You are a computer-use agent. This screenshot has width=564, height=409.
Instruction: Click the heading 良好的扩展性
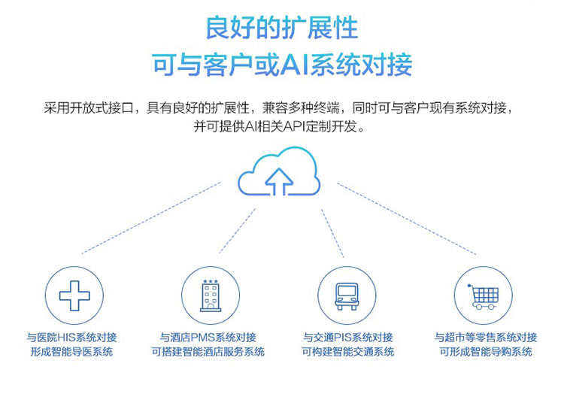tap(282, 28)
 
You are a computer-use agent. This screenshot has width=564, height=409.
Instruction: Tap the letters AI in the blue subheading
tap(295, 65)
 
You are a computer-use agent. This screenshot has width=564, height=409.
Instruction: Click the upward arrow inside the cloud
tap(279, 182)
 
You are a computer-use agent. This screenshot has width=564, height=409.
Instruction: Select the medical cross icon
tap(74, 295)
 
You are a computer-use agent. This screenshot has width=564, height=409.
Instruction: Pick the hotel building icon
tap(211, 295)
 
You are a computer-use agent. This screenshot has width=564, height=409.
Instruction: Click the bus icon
tap(347, 296)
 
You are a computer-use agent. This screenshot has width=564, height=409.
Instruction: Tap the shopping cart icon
tap(483, 296)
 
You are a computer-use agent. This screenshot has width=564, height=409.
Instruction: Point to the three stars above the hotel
tap(211, 281)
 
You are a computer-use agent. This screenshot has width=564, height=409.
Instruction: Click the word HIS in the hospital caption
tap(66, 338)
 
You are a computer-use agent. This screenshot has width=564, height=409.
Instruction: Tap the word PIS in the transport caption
tap(342, 338)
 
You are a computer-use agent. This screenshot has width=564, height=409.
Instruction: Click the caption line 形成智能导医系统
tap(71, 351)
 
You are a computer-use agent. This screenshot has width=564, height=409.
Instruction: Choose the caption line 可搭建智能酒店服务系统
tap(208, 351)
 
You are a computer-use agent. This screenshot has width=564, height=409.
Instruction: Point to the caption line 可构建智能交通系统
tap(348, 351)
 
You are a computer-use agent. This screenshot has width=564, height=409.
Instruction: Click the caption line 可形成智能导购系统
tap(486, 351)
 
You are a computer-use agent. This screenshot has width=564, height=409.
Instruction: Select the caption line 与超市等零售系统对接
tap(486, 338)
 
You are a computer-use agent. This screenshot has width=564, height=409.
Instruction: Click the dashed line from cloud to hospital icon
tap(151, 218)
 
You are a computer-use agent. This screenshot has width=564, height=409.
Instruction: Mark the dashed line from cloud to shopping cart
tap(407, 219)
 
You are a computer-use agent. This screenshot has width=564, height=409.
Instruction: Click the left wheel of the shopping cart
tap(478, 307)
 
